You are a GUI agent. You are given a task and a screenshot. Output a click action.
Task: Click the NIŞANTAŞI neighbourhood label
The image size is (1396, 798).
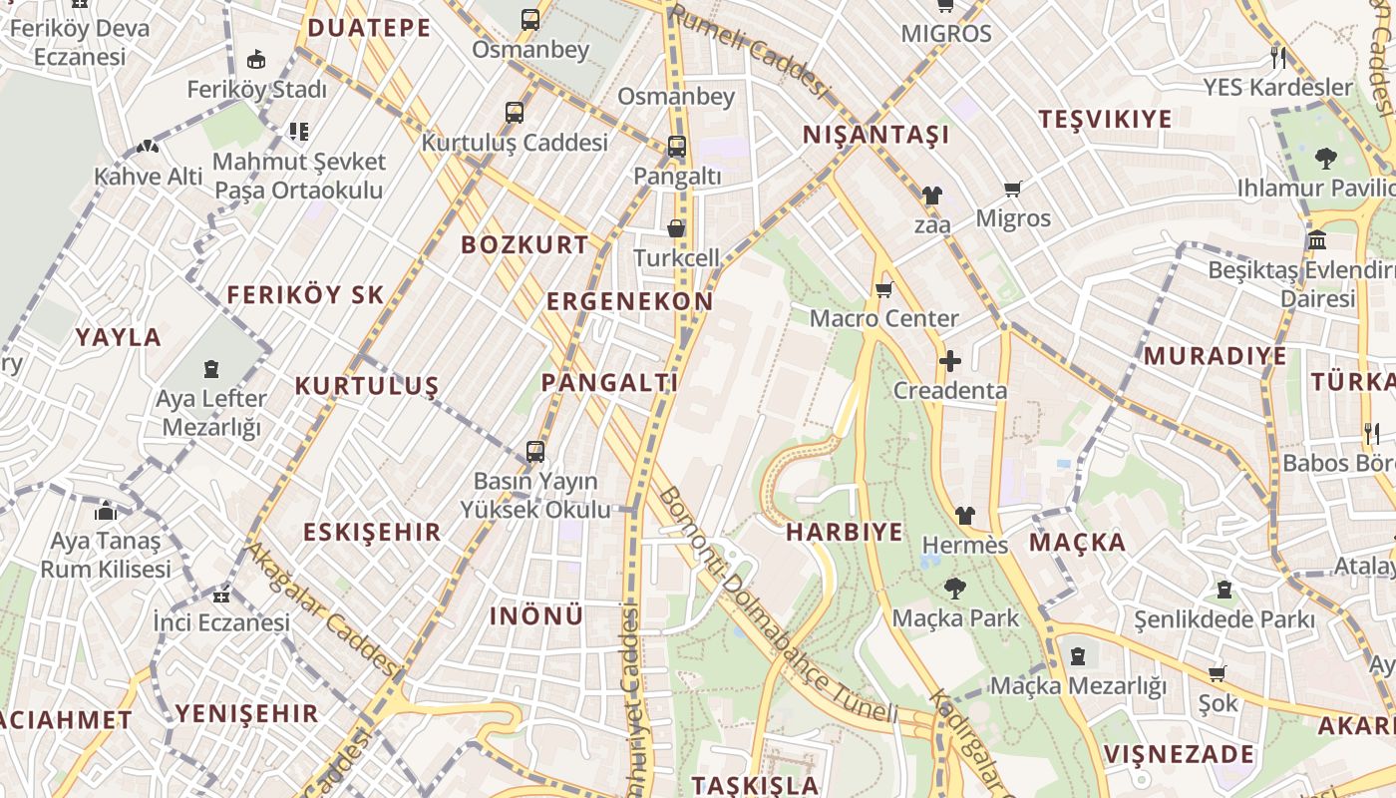pos(875,135)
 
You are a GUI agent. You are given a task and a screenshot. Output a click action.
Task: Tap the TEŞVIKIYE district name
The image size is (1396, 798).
pos(1105,120)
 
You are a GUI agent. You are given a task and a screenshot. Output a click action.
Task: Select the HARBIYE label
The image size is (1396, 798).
pos(844,532)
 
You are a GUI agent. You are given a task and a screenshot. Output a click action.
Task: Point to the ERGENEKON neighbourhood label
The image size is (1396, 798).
pos(629,301)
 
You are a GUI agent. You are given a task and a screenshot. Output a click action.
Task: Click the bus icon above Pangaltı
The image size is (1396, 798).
pos(677,147)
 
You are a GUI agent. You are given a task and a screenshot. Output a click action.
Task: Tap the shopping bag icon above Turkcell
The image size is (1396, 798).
pos(676,228)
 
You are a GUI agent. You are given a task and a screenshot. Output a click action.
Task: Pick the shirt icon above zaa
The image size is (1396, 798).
pos(931,196)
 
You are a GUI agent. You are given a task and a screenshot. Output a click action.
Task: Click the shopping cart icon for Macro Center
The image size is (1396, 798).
pos(883,290)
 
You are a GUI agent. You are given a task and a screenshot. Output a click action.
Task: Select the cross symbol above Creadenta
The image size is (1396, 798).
pos(949,361)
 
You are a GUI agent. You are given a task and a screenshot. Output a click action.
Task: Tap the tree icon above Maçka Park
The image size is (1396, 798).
pos(954,589)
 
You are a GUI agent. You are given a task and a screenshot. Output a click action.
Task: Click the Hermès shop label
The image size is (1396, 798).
pos(965,546)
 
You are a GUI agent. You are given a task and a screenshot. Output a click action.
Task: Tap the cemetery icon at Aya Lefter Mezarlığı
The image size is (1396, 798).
pos(211,370)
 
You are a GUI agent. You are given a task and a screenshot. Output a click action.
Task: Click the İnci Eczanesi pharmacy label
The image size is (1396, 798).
pos(221,622)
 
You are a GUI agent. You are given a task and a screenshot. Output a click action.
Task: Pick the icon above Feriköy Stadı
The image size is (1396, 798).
pos(256,60)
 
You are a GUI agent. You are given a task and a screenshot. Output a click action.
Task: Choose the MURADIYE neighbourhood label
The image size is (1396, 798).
pos(1215,356)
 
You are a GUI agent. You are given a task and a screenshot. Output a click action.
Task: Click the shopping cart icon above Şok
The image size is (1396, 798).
pos(1217,674)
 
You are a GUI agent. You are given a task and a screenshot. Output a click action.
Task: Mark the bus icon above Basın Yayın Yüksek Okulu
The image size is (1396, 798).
pos(535,452)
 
